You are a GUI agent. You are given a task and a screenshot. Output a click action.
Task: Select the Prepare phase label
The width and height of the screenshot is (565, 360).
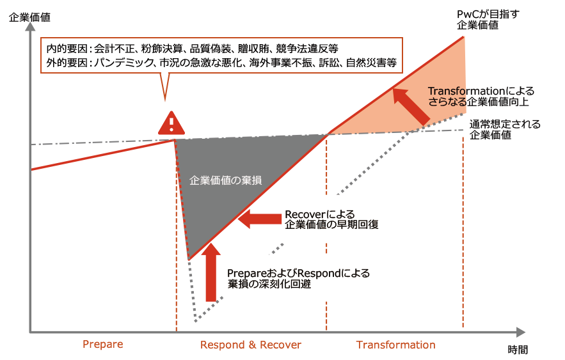[x=102, y=344]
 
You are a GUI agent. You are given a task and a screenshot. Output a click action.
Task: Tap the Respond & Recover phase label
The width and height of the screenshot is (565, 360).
[x=250, y=345]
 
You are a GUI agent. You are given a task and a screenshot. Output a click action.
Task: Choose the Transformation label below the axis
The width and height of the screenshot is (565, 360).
[x=395, y=345]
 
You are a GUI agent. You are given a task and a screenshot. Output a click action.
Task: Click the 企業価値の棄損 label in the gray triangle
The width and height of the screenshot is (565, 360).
[x=226, y=180]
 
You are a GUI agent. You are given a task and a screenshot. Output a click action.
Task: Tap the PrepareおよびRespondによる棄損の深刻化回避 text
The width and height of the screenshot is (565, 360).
[x=298, y=279]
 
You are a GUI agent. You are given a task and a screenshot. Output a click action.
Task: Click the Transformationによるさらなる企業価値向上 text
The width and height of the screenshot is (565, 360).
[x=481, y=96]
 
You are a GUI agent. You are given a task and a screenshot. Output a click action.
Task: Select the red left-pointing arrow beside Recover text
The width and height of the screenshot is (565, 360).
[x=259, y=219]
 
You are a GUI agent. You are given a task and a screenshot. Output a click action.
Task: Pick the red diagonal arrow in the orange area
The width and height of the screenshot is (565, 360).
[x=411, y=106]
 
